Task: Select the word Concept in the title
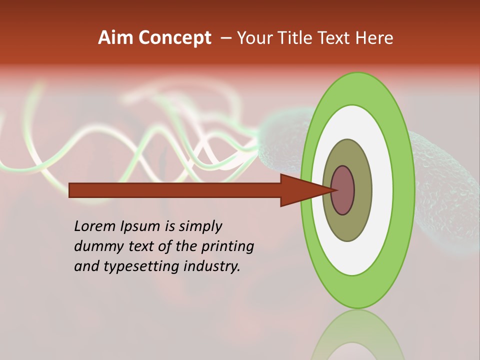pyautogui.click(x=175, y=38)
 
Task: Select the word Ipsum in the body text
pyautogui.click(x=141, y=226)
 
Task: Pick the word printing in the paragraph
pyautogui.click(x=227, y=246)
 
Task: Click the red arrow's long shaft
pyautogui.click(x=175, y=190)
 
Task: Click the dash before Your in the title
pyautogui.click(x=226, y=38)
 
